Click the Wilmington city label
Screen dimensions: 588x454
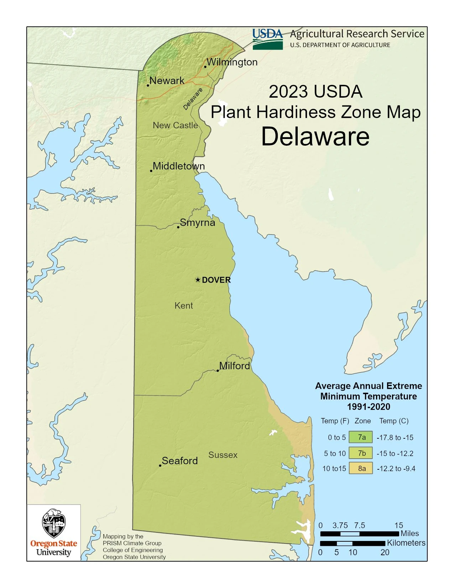tap(232, 62)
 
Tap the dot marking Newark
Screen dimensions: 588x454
tap(148, 85)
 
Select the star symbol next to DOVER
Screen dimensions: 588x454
tap(198, 280)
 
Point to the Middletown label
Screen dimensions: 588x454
tap(179, 166)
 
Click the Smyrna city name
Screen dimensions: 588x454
tap(197, 223)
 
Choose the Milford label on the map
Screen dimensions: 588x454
tap(234, 366)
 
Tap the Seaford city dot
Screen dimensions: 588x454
tap(160, 465)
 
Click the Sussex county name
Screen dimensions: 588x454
tap(223, 455)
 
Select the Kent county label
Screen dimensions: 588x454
tap(184, 306)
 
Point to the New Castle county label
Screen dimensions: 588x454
tap(175, 125)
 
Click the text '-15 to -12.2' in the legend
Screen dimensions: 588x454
tap(395, 454)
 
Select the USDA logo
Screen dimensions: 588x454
tap(267, 39)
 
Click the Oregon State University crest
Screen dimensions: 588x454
tap(54, 523)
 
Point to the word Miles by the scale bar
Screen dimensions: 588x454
tap(409, 533)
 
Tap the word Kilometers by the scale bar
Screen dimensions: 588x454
tap(406, 543)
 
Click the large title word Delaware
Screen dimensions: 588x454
tap(315, 136)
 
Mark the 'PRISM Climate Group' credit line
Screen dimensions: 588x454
tap(132, 543)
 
